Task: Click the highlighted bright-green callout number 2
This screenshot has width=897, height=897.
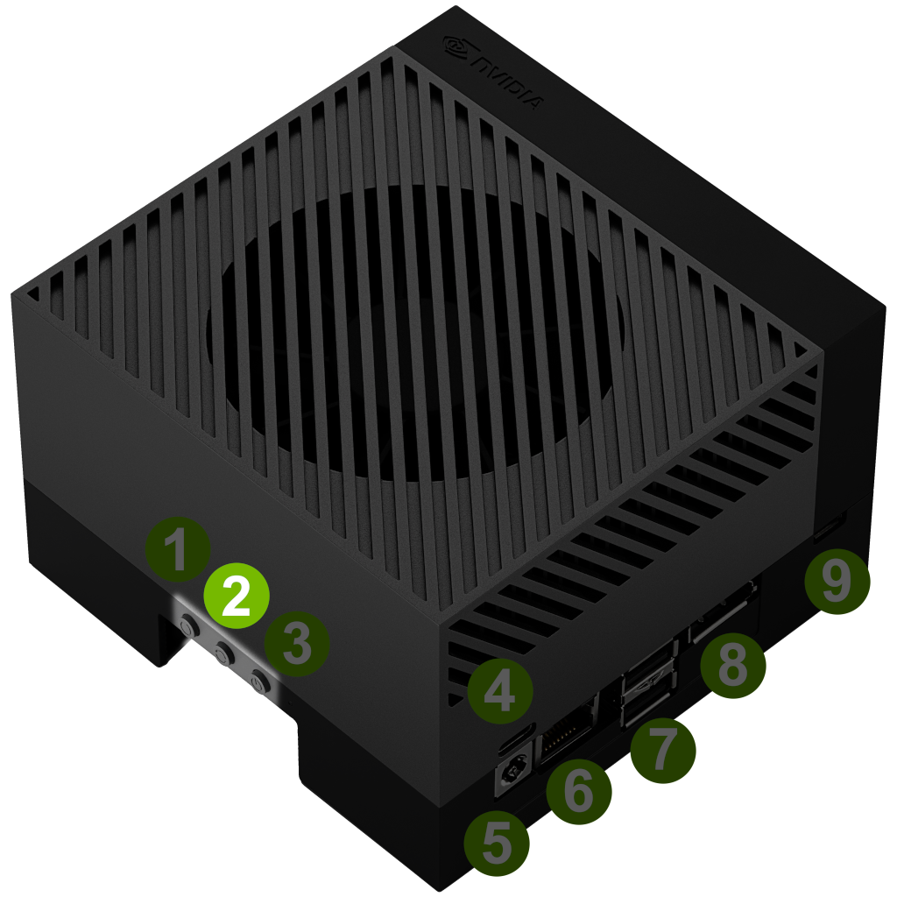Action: pos(237,596)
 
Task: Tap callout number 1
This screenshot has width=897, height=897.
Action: pos(177,550)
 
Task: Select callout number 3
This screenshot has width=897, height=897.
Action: pos(296,644)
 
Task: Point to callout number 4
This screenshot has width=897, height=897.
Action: pos(500,691)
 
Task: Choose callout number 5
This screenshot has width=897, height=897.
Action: pos(497,844)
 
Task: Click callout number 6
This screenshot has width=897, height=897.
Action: pos(578,792)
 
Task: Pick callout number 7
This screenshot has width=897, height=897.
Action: pos(663,751)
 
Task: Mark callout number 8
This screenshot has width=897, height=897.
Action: pos(733,665)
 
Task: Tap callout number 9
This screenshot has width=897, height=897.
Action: pos(837,582)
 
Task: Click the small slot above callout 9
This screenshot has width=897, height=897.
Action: pos(829,526)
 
